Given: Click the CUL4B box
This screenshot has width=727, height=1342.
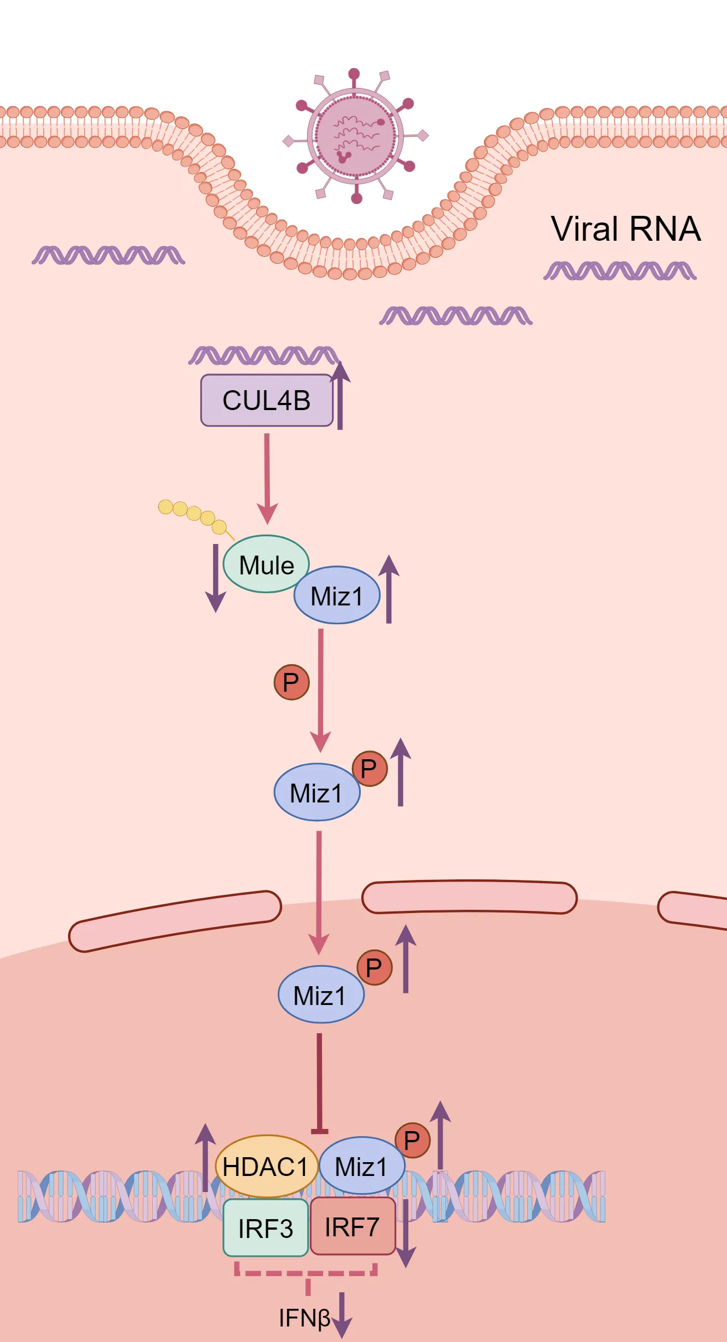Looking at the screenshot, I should pyautogui.click(x=266, y=400).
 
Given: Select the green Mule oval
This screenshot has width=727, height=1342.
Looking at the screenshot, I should pyautogui.click(x=266, y=564).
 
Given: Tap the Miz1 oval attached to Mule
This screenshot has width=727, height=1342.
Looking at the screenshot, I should pyautogui.click(x=337, y=595).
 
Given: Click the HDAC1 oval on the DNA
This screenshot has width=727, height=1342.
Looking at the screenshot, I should pyautogui.click(x=266, y=1167).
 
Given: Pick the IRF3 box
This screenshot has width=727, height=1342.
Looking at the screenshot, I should pyautogui.click(x=266, y=1227).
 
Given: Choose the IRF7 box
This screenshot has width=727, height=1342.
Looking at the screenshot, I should pyautogui.click(x=352, y=1226).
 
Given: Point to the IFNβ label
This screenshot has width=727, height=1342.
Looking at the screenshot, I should pyautogui.click(x=304, y=1318).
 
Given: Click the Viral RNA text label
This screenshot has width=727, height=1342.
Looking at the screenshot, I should pyautogui.click(x=626, y=229).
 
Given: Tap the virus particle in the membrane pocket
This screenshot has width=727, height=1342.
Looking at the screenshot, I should pyautogui.click(x=355, y=136).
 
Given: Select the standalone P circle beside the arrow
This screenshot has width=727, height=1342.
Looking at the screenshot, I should pyautogui.click(x=291, y=682).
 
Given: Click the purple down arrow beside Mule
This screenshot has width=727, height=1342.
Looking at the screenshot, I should pyautogui.click(x=215, y=578).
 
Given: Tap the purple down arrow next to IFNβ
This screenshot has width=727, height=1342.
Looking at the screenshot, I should pyautogui.click(x=342, y=1315).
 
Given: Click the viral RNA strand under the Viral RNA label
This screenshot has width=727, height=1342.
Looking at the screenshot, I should pyautogui.click(x=620, y=271).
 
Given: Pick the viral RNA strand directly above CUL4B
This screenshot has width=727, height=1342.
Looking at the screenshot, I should pyautogui.click(x=263, y=355).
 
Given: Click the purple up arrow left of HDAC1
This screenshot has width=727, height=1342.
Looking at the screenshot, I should pyautogui.click(x=205, y=1157).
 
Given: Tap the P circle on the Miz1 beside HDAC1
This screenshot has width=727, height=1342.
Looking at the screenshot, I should pyautogui.click(x=412, y=1141).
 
